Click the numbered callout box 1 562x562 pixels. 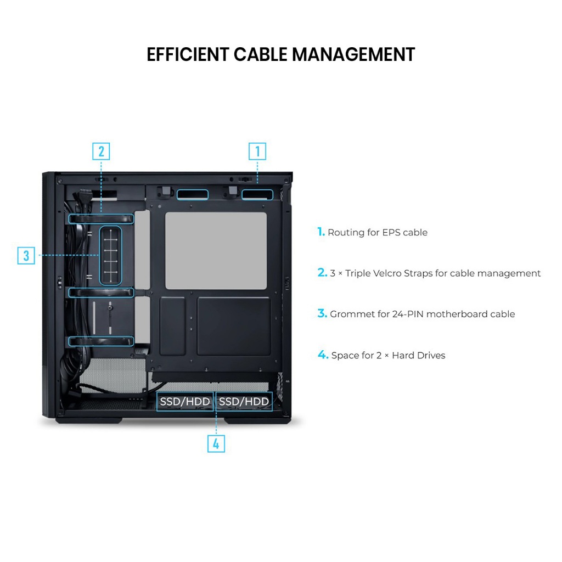tap(257, 151)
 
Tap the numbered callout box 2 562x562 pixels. tap(101, 151)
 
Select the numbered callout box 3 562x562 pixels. tap(26, 255)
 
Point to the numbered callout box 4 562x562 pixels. tap(216, 443)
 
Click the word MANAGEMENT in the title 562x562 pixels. tap(353, 55)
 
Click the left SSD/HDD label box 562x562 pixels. tap(185, 402)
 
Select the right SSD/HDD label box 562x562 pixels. tap(244, 402)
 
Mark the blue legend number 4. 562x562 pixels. tap(323, 355)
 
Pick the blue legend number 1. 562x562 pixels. tap(321, 232)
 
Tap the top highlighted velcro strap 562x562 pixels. tap(101, 218)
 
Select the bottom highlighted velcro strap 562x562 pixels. tap(101, 341)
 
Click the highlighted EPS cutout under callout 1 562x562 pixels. tap(257, 195)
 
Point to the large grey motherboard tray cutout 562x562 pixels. tap(216, 251)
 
